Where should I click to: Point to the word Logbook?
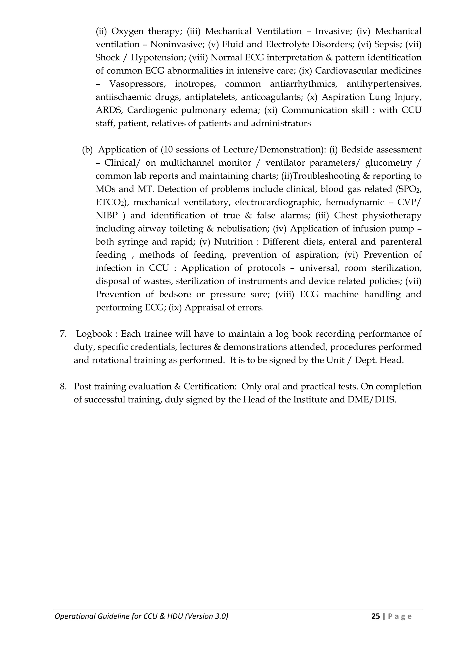(x=94, y=334)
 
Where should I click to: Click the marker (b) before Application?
(x=87, y=150)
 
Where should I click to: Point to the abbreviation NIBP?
(x=106, y=216)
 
